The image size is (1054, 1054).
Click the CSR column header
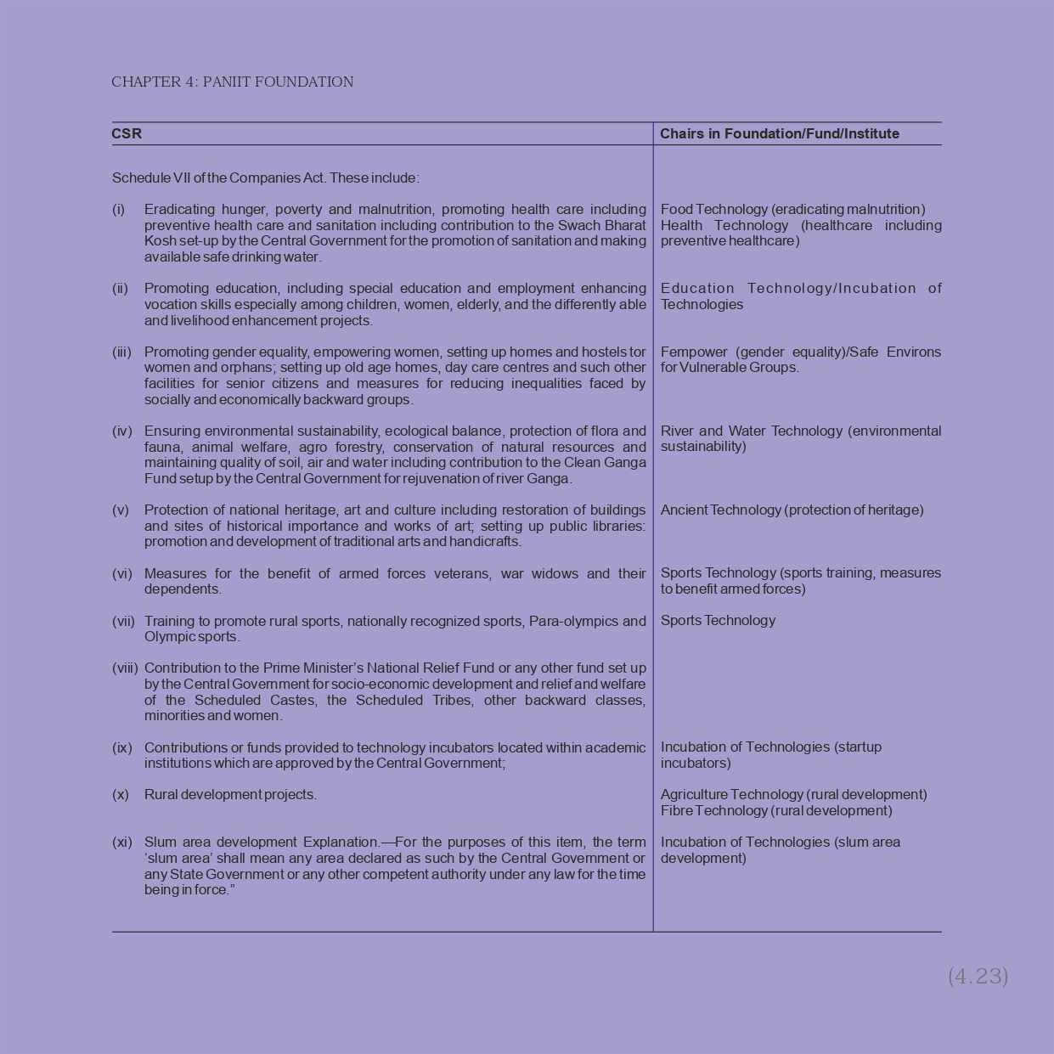pos(127,134)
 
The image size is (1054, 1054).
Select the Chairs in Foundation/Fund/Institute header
pos(779,134)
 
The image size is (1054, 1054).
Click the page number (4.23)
pos(978,977)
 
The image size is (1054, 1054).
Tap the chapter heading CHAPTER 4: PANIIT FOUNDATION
pos(232,82)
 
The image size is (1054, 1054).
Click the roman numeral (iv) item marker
pos(121,431)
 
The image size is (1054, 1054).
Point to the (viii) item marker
pos(125,668)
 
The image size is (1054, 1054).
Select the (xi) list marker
pos(122,843)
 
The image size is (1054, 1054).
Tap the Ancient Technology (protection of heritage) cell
pos(792,510)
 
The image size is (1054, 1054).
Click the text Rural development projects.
pos(230,795)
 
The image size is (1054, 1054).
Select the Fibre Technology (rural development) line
pos(776,811)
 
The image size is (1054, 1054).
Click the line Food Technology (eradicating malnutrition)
pos(792,210)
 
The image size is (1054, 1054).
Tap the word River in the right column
pos(677,431)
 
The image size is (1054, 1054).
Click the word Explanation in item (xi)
pos(341,843)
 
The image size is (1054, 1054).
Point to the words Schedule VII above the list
pos(151,178)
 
